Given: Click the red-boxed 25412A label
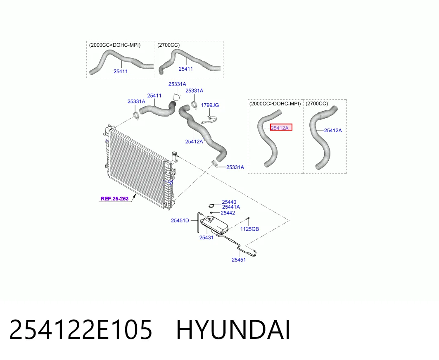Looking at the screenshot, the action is tap(280, 128).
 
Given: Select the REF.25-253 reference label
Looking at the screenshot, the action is tap(114, 199).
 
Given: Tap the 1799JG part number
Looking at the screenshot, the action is tap(210, 105).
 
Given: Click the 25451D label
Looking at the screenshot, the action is tap(180, 220).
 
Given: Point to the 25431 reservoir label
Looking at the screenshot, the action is tap(206, 238).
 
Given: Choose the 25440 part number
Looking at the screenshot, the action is tap(229, 202).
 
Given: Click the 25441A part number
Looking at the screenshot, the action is tap(231, 207).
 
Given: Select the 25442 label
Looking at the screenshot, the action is tap(228, 213).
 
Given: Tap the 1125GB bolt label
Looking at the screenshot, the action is tap(249, 229).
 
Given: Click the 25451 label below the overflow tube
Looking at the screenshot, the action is tap(239, 260).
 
